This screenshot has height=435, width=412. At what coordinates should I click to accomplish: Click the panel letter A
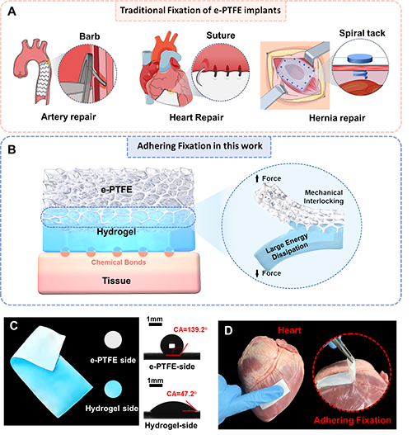click(12, 12)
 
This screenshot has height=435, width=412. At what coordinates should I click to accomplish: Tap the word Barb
click(90, 36)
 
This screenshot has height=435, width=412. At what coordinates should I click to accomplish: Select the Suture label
click(221, 35)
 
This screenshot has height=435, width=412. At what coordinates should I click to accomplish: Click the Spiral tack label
click(363, 33)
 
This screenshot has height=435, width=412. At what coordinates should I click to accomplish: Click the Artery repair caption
click(68, 116)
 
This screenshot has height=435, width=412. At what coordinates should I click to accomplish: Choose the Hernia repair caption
click(337, 118)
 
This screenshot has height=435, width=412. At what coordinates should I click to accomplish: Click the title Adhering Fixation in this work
click(199, 146)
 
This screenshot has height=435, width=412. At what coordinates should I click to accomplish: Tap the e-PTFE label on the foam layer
click(116, 190)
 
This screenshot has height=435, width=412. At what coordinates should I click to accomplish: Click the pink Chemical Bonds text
click(119, 262)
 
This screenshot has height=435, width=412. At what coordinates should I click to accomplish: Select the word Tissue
click(116, 281)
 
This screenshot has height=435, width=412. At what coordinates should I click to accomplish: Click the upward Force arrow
click(257, 178)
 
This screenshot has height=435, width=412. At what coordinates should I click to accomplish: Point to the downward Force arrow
click(257, 273)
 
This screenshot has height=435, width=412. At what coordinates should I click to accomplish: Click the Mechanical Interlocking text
click(324, 196)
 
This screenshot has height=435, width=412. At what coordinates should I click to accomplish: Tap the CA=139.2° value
click(190, 329)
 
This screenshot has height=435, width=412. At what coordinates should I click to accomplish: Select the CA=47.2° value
click(181, 394)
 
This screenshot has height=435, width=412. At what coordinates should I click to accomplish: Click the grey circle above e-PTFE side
click(113, 339)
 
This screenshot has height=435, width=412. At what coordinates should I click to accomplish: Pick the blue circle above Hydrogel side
click(113, 389)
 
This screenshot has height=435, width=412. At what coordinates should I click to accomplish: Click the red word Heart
click(289, 330)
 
